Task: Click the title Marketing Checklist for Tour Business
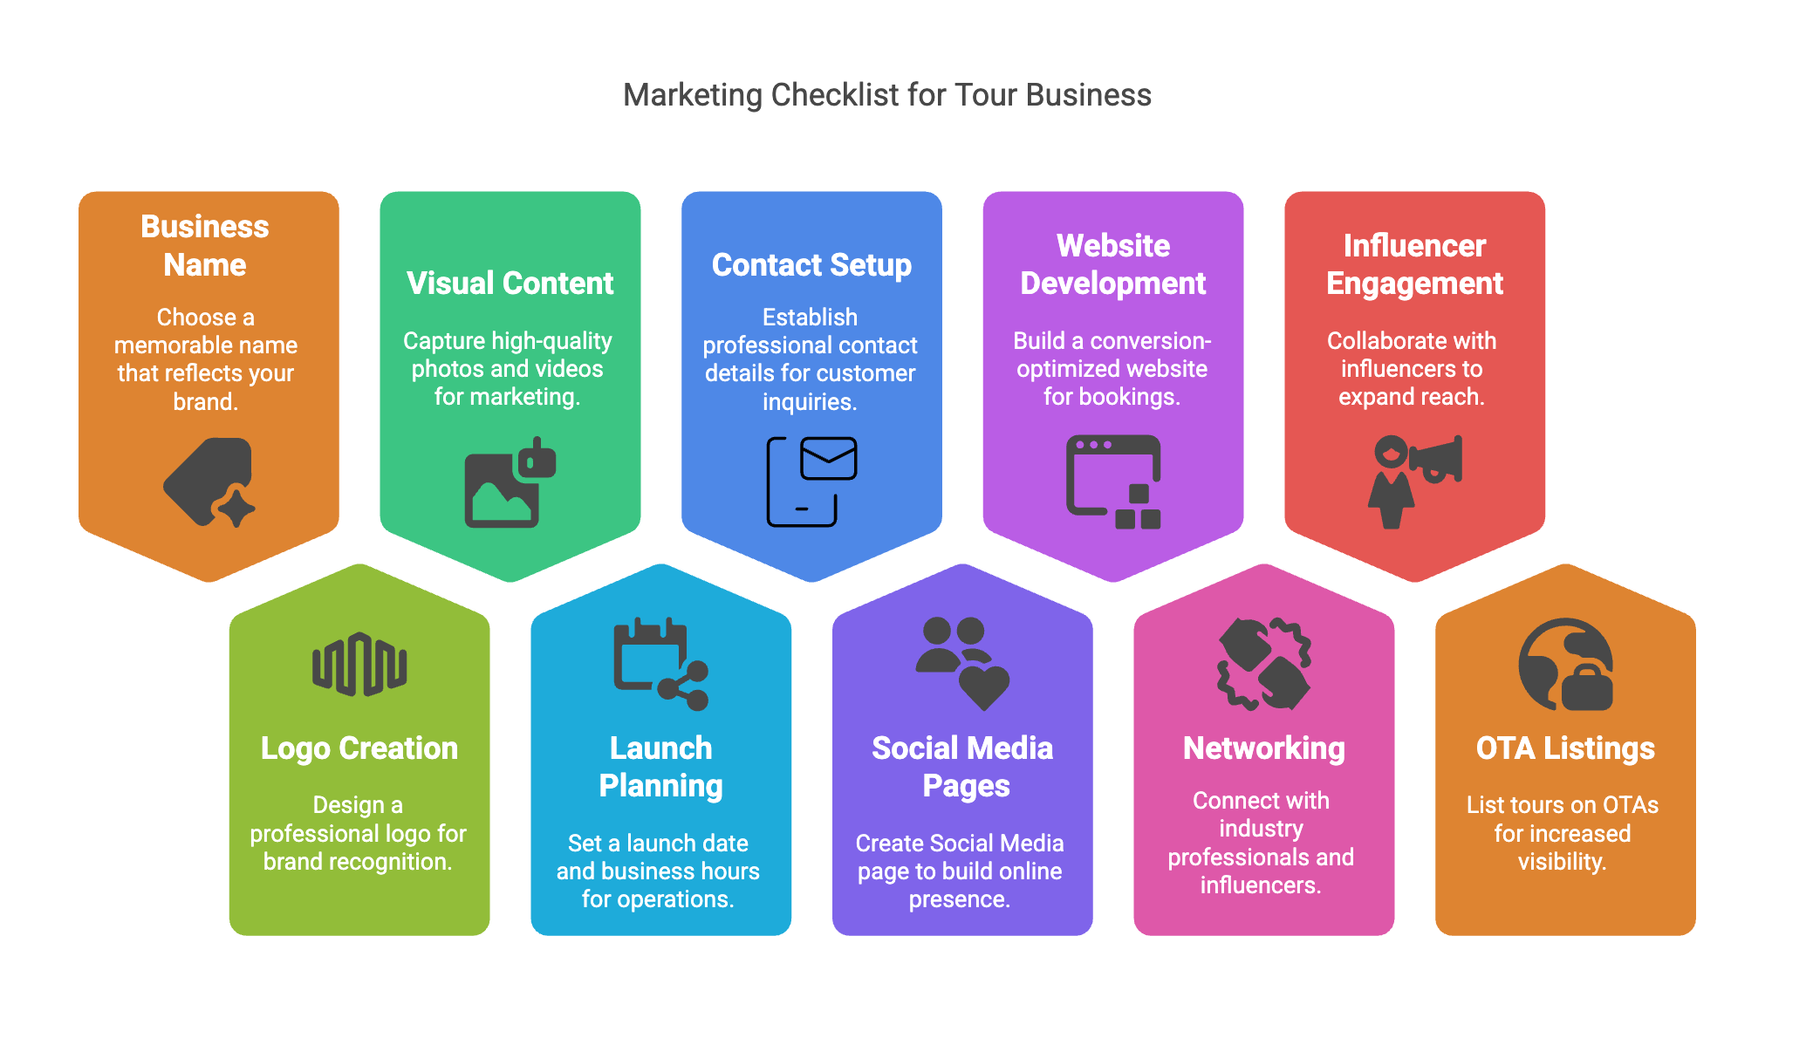point(887,95)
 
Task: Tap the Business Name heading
point(205,245)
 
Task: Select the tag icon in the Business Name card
point(209,482)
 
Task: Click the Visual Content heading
point(510,283)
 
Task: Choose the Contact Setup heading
point(811,265)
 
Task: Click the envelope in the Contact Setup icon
point(828,458)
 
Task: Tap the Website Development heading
point(1112,264)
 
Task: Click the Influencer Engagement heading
point(1414,264)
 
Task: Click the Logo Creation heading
point(359,748)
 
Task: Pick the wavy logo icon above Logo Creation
point(359,665)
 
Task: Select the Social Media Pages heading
point(962,767)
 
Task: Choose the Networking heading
point(1263,748)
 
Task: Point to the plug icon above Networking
point(1263,664)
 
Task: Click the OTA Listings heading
point(1564,748)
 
